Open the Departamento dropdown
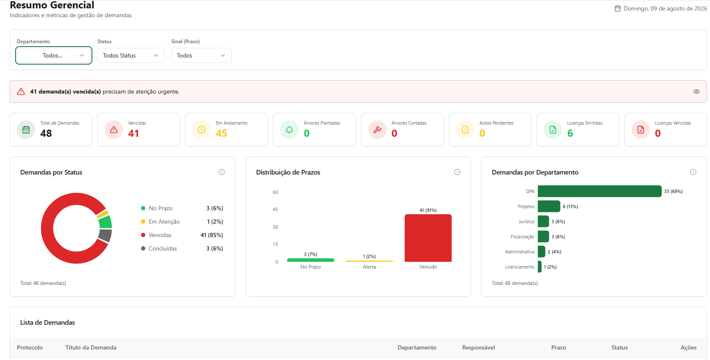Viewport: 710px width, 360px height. [54, 55]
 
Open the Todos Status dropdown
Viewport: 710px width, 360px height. [131, 55]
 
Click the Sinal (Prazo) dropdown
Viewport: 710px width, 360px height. [201, 55]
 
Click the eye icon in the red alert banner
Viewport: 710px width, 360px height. [696, 91]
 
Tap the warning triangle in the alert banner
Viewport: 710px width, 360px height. [21, 91]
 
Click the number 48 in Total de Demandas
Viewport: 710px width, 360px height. [46, 133]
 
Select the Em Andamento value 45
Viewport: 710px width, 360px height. [221, 133]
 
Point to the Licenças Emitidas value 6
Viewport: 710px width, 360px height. [570, 133]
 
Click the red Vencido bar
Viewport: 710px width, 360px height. [428, 238]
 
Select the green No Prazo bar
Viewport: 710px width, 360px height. [311, 260]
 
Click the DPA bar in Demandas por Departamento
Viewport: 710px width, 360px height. [600, 191]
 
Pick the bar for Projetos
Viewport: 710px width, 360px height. [549, 206]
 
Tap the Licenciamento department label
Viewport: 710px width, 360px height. [519, 267]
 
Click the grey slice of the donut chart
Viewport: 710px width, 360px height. [105, 235]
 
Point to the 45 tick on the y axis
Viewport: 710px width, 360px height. [275, 210]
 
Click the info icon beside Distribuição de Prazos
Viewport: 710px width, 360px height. [457, 172]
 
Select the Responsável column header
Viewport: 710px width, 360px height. [478, 347]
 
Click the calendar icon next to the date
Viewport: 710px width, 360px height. [618, 8]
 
